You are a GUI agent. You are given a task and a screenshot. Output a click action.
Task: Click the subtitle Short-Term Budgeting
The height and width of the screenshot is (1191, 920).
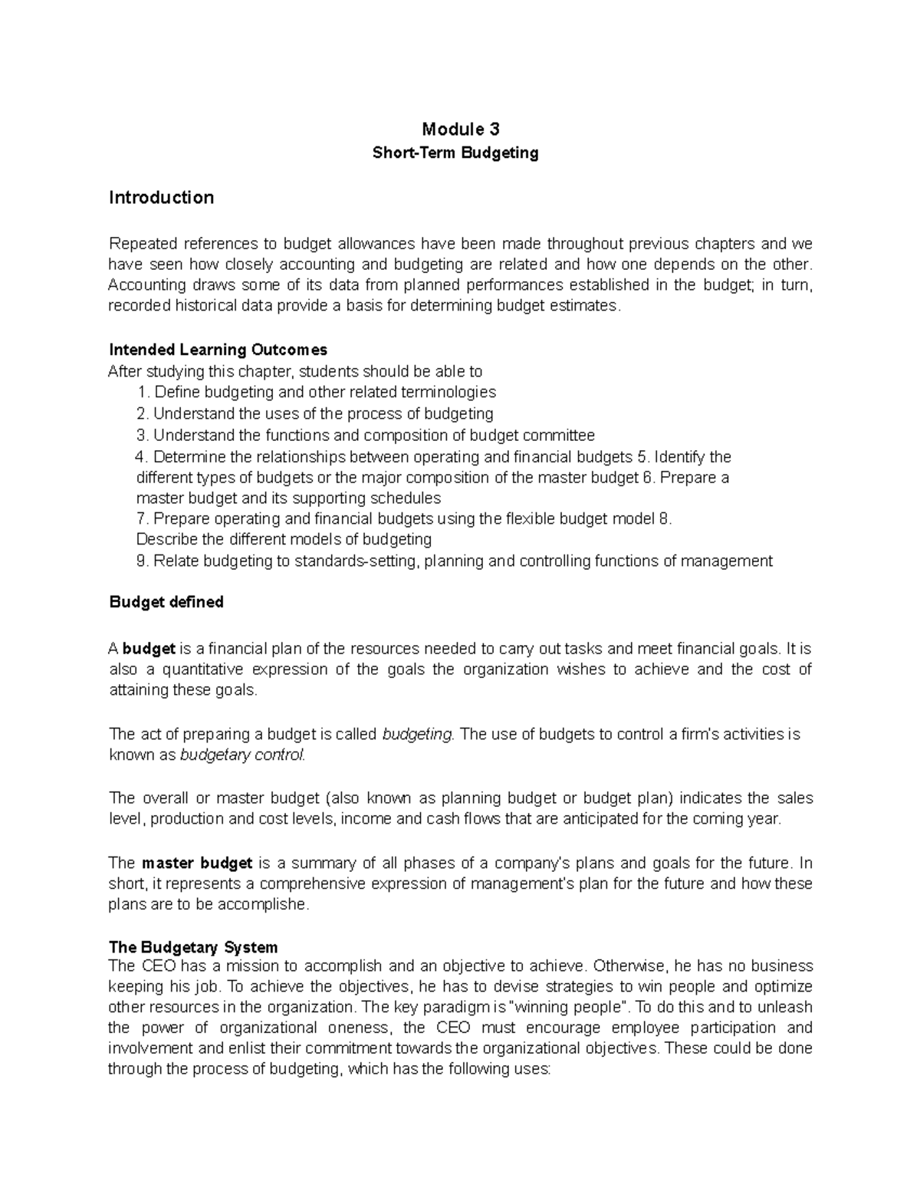click(455, 153)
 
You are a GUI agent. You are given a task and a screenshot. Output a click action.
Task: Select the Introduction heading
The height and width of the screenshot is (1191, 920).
click(161, 198)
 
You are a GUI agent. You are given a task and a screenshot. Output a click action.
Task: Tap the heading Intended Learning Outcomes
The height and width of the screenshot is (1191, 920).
click(218, 350)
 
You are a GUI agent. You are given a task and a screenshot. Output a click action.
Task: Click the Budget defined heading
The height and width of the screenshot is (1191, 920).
click(166, 602)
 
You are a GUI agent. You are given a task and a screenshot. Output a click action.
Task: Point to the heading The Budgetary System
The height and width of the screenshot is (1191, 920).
click(193, 947)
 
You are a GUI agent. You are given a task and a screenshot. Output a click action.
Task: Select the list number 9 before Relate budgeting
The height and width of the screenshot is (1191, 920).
click(141, 561)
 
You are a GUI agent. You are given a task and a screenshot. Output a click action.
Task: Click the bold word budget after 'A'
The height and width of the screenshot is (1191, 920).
click(149, 649)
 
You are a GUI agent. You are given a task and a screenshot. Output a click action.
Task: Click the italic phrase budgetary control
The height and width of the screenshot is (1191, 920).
click(242, 755)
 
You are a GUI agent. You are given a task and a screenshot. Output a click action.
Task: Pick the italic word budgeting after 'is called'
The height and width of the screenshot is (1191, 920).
click(418, 735)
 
